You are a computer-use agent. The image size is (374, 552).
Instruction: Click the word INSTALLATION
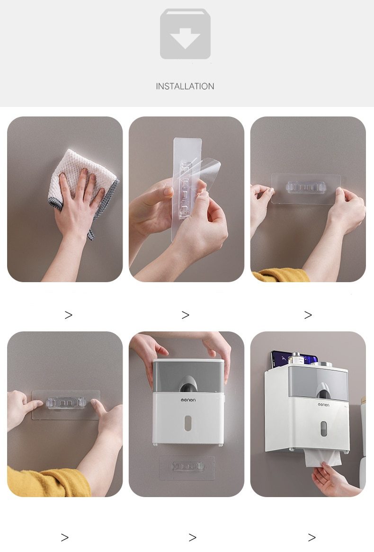click(185, 86)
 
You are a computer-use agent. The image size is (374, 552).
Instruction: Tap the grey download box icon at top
click(185, 34)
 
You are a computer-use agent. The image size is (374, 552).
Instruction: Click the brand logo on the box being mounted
click(188, 400)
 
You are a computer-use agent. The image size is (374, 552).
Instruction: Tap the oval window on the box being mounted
click(187, 423)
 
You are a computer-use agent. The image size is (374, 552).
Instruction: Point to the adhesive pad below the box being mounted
click(187, 468)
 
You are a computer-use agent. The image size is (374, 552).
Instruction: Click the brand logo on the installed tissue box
click(324, 404)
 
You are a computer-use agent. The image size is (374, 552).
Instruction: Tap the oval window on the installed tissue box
click(323, 428)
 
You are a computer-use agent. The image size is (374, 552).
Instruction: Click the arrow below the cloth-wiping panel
click(68, 315)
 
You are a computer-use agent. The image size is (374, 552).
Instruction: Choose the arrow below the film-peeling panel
click(185, 315)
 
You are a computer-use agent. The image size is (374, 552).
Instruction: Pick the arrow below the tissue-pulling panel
click(312, 537)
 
